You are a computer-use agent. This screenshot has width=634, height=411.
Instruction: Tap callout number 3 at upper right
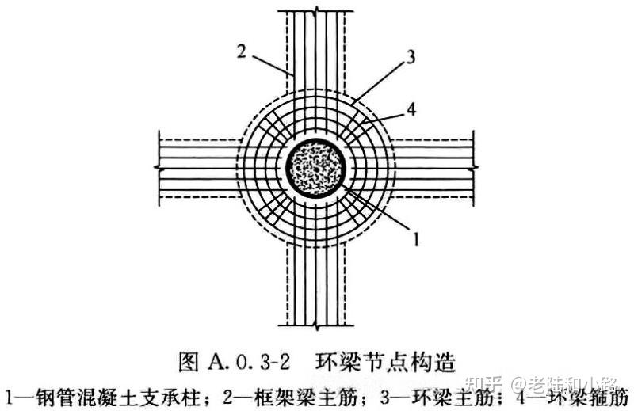pos(410,56)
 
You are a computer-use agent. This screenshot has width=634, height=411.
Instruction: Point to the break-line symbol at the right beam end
pos(475,168)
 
